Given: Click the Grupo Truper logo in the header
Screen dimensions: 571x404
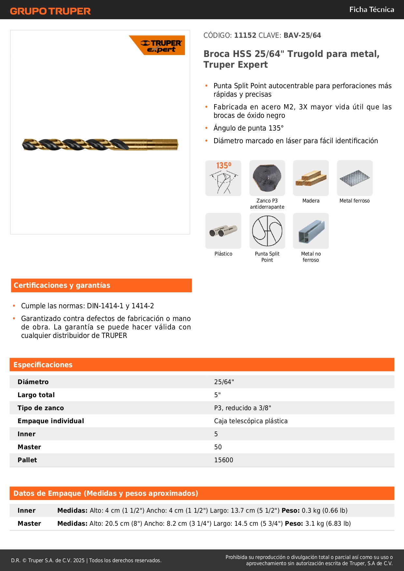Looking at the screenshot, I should coord(50,11).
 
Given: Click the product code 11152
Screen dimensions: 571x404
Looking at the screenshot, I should coord(245,35).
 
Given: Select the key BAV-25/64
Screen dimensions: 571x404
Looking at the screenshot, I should coord(302,35).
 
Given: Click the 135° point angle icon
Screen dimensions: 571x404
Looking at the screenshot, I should coord(223,178).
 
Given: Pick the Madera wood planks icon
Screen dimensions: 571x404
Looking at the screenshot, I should coord(311,178).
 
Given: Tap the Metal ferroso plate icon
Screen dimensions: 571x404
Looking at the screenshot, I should coord(355,178).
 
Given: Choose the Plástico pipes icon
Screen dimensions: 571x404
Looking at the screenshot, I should coord(223,231).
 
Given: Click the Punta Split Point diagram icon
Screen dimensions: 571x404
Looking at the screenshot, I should coord(267,231).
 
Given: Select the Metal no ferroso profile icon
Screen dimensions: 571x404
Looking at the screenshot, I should coord(311,231).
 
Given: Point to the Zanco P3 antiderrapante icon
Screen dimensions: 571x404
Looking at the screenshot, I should coord(267,178).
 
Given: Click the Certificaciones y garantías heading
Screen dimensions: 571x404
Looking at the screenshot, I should coord(62,285).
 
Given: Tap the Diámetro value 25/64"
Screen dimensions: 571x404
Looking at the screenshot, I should coord(224,382).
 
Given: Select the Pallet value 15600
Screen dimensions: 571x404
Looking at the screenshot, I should coord(224,460).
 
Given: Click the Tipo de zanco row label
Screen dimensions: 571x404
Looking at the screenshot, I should coord(41,408).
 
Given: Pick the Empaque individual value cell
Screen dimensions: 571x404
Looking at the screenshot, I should coord(251,421).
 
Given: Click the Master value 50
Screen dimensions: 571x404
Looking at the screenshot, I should coord(218,447).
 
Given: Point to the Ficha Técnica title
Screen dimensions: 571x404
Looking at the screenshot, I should coord(371,9).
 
